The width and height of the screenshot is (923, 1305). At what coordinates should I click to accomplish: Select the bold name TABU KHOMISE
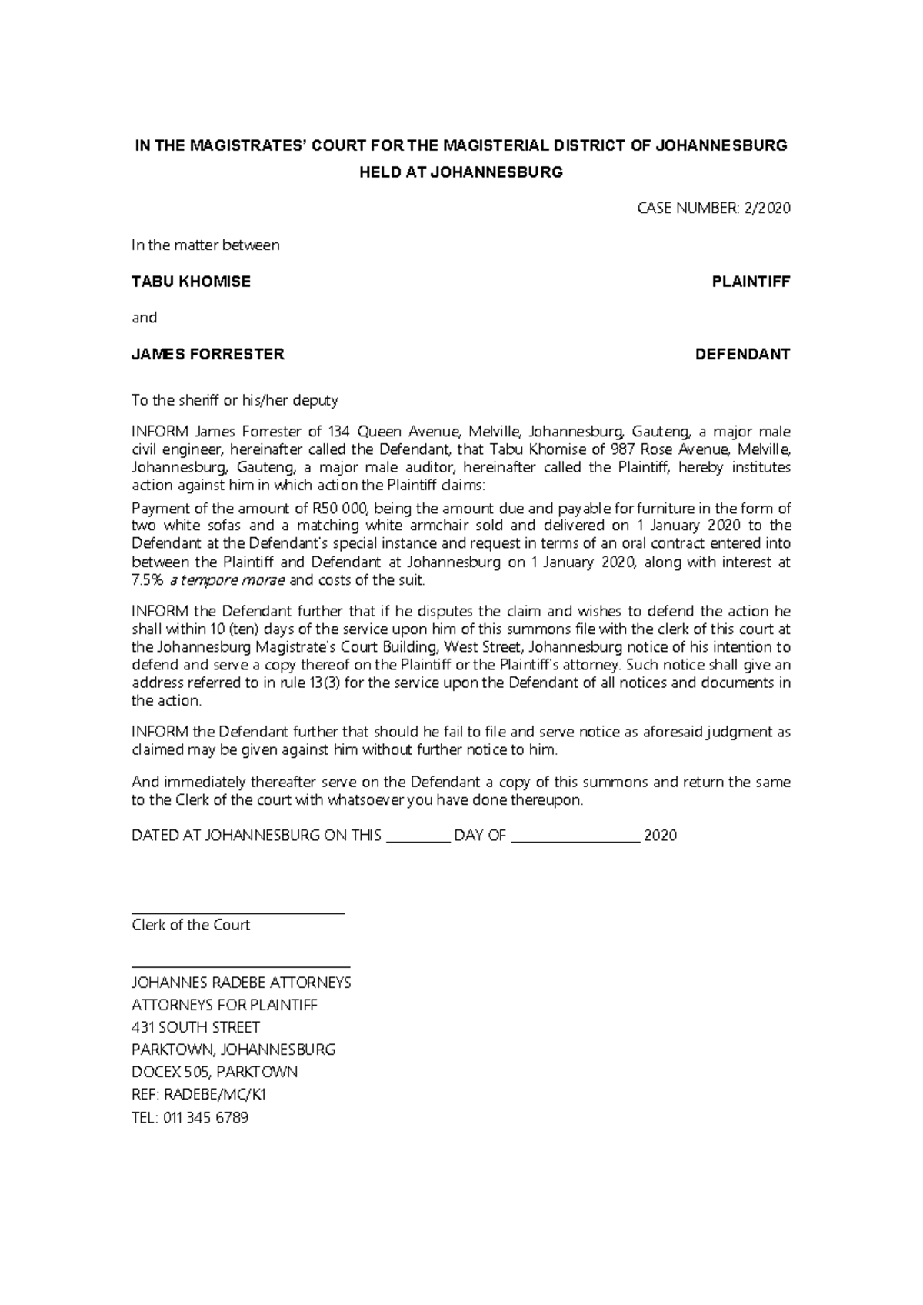tap(191, 282)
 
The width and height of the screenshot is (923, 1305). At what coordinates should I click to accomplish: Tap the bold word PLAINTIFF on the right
tap(751, 282)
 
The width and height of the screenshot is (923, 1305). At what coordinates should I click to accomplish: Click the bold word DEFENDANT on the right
tap(742, 355)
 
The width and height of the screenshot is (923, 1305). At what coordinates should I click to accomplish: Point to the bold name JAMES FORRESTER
tap(208, 355)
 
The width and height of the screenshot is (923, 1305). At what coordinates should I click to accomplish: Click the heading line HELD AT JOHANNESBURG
tap(461, 172)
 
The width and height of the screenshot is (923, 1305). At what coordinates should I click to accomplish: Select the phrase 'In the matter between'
tap(205, 245)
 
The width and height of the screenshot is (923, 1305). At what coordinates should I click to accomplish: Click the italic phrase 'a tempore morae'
tap(227, 580)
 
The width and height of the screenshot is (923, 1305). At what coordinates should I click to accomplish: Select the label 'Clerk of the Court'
tap(191, 925)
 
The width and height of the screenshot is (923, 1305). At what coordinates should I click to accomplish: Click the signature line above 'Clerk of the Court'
tap(238, 913)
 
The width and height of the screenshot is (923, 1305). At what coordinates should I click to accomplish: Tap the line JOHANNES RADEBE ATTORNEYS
tap(242, 983)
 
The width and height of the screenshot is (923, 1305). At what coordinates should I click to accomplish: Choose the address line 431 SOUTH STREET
tap(196, 1028)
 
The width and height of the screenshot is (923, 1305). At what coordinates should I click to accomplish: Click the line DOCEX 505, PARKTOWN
tap(215, 1073)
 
